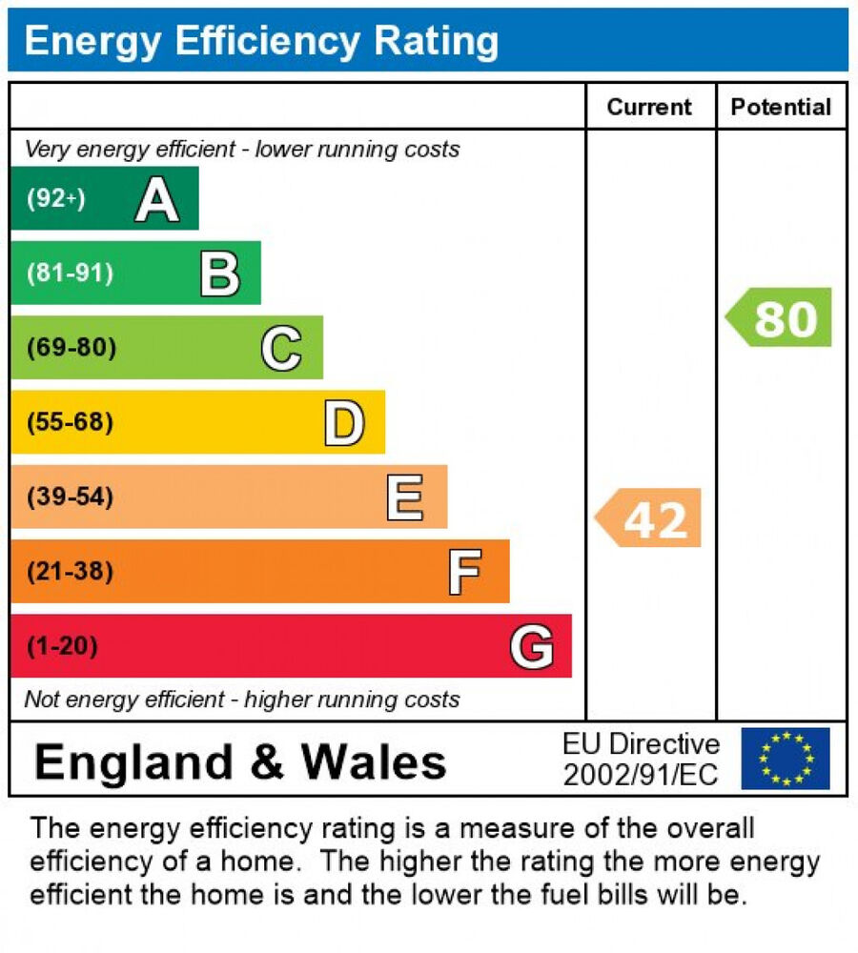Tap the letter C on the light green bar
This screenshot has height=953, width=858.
pos(281,348)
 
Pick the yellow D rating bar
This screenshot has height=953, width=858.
pos(196,422)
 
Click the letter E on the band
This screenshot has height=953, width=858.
pos(405,497)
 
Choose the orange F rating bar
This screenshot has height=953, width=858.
pos(258,572)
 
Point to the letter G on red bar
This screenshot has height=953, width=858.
pos(531,647)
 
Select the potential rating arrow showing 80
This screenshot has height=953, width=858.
pos(781,317)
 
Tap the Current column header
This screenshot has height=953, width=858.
pos(649,107)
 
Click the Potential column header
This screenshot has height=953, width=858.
pos(781,107)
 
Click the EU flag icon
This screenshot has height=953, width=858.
pos(786,759)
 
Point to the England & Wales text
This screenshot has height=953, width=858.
pos(240,761)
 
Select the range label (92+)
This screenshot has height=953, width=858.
pos(55,198)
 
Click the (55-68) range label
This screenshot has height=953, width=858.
pos(70,422)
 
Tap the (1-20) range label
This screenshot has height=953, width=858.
pos(62,647)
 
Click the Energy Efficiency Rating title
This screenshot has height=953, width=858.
pos(261,41)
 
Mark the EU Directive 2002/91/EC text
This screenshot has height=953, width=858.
pos(641,760)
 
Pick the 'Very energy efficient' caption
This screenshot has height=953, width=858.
pos(242,150)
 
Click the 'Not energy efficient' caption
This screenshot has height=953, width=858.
pos(242,700)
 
